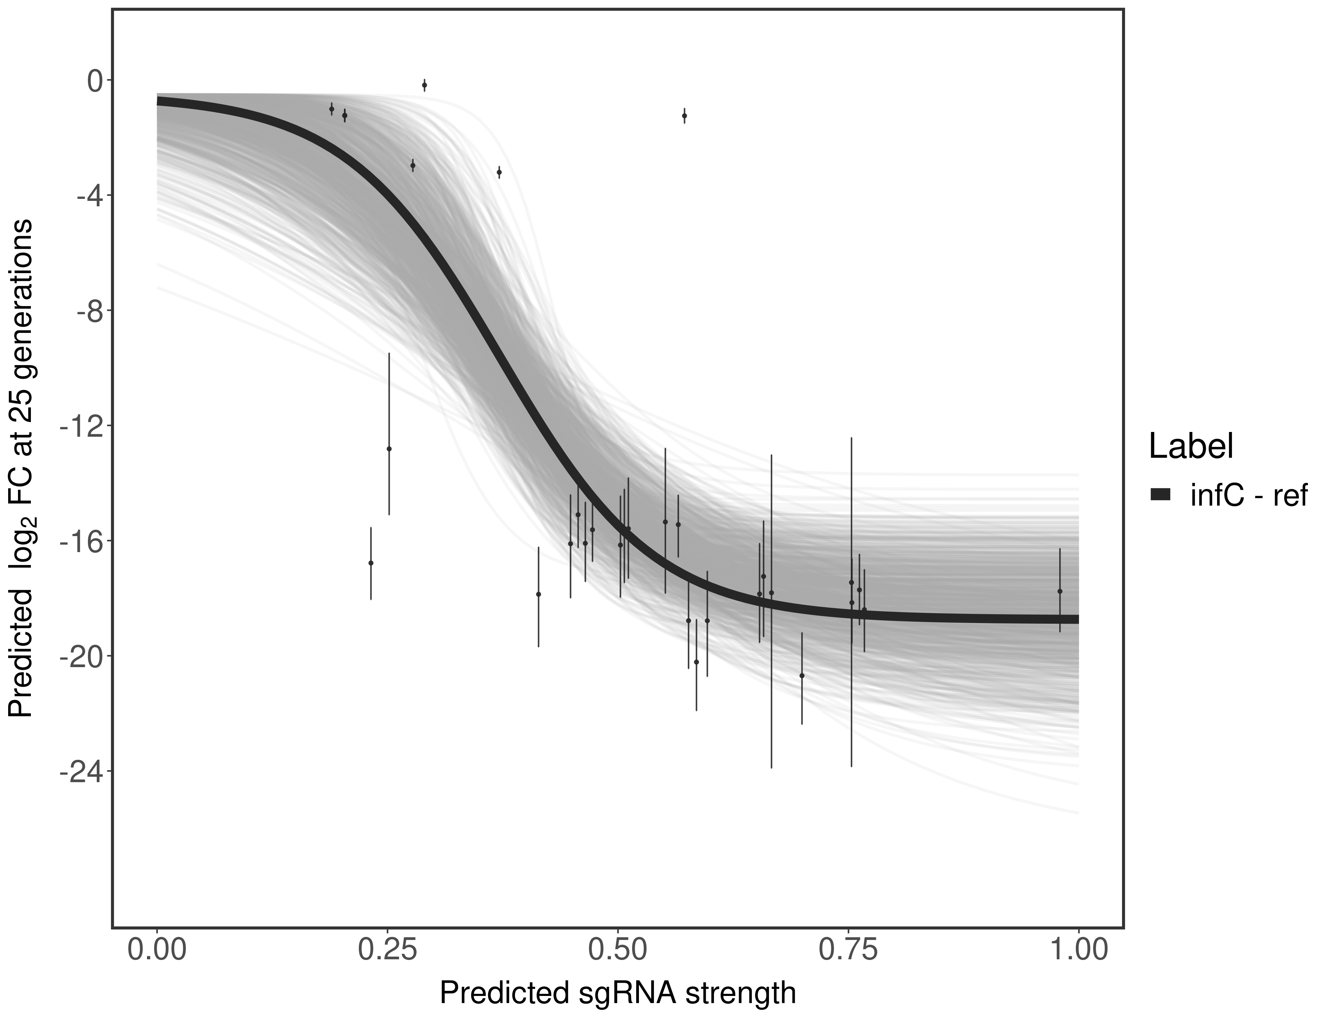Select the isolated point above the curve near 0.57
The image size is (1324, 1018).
click(x=684, y=116)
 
